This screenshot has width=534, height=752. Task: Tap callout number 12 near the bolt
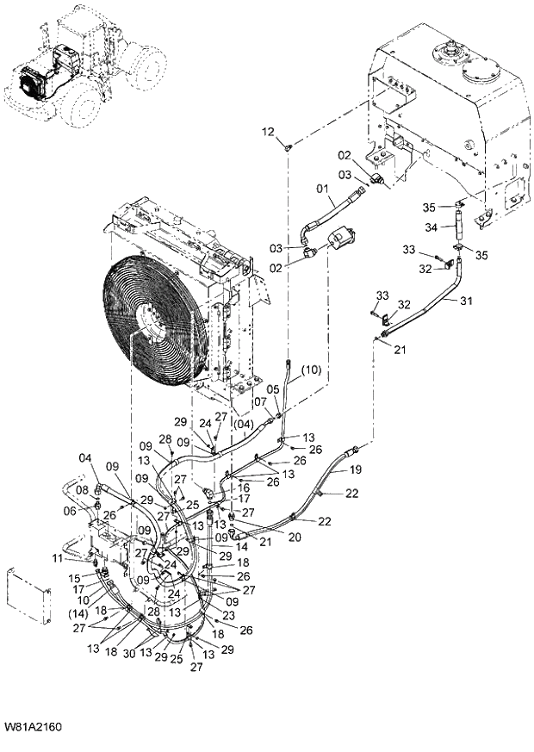click(x=268, y=132)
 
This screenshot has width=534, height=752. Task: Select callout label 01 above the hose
click(x=323, y=188)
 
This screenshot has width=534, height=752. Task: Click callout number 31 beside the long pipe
click(x=466, y=301)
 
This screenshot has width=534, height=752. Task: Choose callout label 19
click(x=355, y=470)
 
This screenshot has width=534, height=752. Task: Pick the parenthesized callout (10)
click(x=312, y=370)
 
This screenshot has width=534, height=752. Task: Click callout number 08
click(x=83, y=491)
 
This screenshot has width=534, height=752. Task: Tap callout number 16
click(x=245, y=487)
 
